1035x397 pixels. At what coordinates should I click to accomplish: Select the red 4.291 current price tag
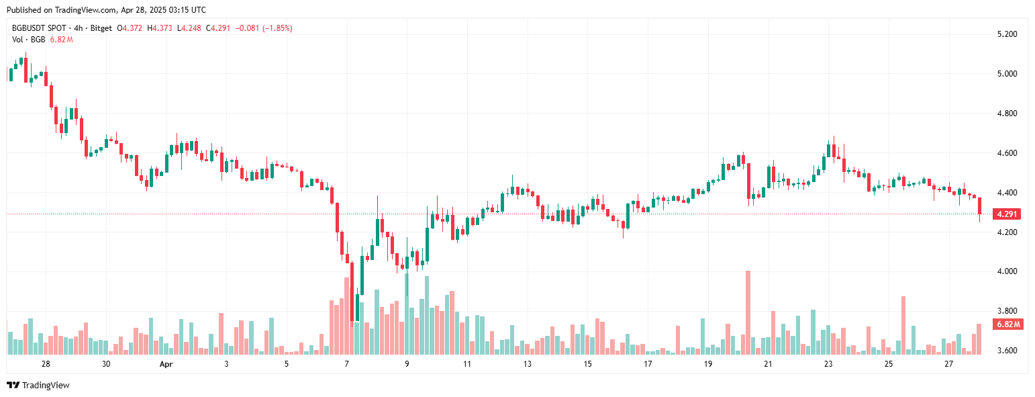click(x=1007, y=214)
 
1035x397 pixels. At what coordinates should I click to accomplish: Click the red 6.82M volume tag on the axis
click(x=1008, y=324)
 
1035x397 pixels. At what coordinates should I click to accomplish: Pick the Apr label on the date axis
click(x=166, y=364)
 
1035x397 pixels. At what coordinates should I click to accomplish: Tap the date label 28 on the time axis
click(x=46, y=364)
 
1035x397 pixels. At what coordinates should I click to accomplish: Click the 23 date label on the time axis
click(x=828, y=364)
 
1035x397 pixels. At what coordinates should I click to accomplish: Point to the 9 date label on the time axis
click(x=407, y=364)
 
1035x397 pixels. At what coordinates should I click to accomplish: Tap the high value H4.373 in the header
click(x=162, y=28)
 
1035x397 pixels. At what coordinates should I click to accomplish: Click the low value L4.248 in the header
click(x=191, y=28)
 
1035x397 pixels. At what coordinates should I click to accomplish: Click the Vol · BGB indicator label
click(x=29, y=40)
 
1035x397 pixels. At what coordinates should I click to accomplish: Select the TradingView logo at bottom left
click(x=38, y=385)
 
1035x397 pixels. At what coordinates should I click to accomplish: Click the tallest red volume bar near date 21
click(x=748, y=312)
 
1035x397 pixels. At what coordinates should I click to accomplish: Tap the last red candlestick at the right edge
click(x=980, y=206)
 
